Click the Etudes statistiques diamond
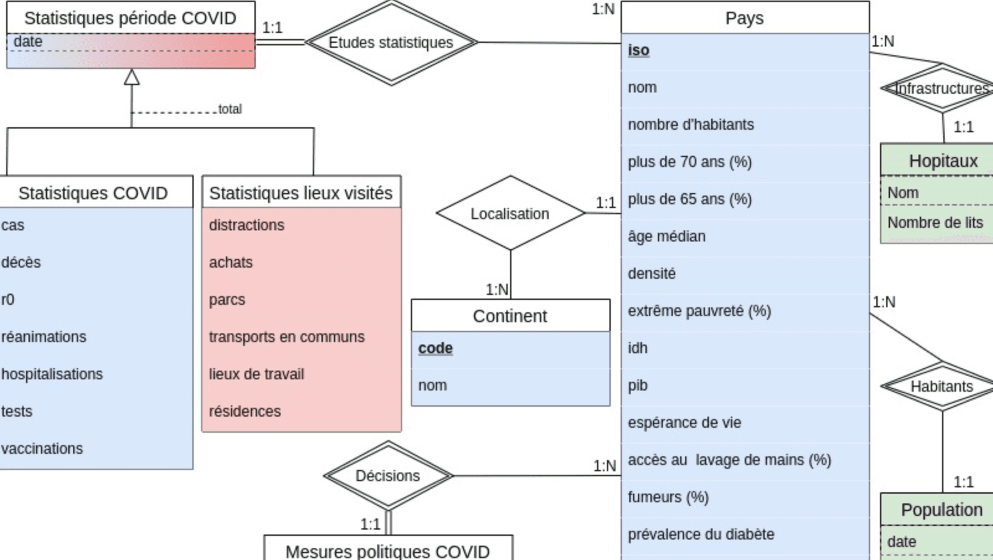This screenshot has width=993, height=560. [391, 42]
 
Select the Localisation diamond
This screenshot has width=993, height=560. [510, 214]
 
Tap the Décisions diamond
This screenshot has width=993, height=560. [388, 476]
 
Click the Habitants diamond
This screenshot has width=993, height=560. [941, 386]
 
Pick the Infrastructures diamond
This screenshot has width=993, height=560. [941, 89]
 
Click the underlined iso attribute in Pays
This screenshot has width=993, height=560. [639, 50]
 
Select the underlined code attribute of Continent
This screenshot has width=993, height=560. [435, 348]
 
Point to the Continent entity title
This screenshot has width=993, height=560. [510, 316]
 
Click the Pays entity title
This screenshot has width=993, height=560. [744, 18]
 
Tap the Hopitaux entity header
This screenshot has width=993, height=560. [943, 161]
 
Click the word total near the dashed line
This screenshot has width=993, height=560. [230, 109]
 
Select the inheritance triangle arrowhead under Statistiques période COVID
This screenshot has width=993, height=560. [132, 77]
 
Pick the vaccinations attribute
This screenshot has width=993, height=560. [42, 448]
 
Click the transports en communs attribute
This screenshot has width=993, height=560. [287, 336]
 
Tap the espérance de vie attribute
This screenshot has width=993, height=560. [684, 423]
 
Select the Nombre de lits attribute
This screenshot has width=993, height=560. [935, 222]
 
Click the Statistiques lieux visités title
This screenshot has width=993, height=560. [301, 193]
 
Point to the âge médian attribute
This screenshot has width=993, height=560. [667, 237]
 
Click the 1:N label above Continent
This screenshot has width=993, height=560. [496, 289]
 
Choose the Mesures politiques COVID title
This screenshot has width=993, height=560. [388, 550]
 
